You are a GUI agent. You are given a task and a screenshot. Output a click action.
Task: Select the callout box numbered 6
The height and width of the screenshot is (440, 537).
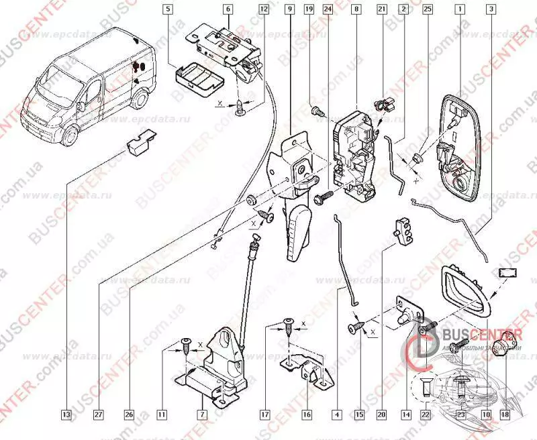click(x=228, y=10)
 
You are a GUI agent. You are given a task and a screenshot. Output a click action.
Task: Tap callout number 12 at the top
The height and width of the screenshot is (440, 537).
click(x=263, y=10)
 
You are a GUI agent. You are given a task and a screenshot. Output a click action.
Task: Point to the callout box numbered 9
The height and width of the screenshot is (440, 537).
click(x=289, y=10)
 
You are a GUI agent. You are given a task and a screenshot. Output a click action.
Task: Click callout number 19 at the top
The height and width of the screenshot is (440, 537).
click(x=309, y=10)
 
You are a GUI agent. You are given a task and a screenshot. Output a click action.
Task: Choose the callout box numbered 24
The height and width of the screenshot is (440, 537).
click(x=328, y=10)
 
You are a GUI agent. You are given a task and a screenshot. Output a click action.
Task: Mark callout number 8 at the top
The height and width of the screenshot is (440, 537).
click(x=355, y=10)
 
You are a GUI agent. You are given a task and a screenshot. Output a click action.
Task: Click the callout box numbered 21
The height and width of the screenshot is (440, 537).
click(x=382, y=10)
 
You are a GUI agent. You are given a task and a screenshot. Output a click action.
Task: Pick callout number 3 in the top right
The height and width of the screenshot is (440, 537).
click(x=492, y=10)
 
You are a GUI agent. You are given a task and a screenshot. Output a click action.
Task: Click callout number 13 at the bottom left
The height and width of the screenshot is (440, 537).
click(x=66, y=415)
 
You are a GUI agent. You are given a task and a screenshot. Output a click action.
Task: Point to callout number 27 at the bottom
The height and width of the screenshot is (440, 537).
click(x=99, y=415)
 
